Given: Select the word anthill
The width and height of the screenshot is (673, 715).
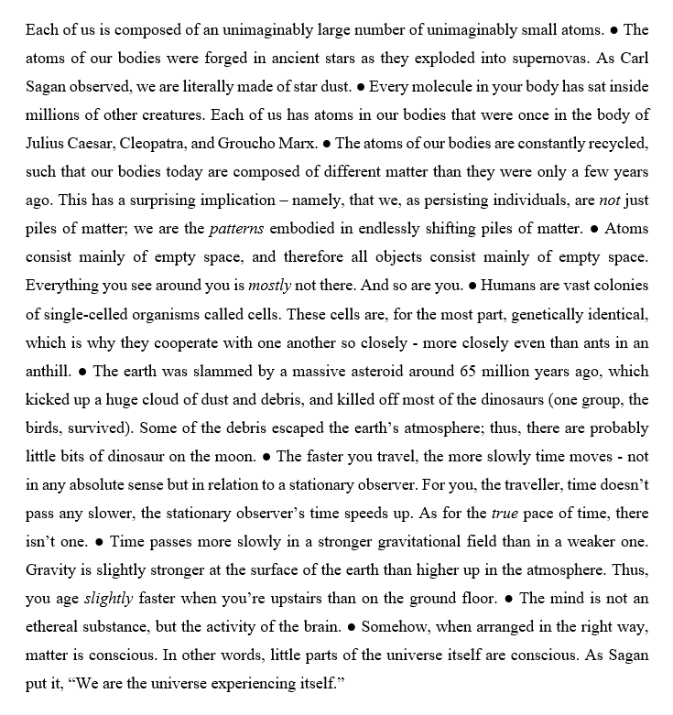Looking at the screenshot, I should click(49, 371).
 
